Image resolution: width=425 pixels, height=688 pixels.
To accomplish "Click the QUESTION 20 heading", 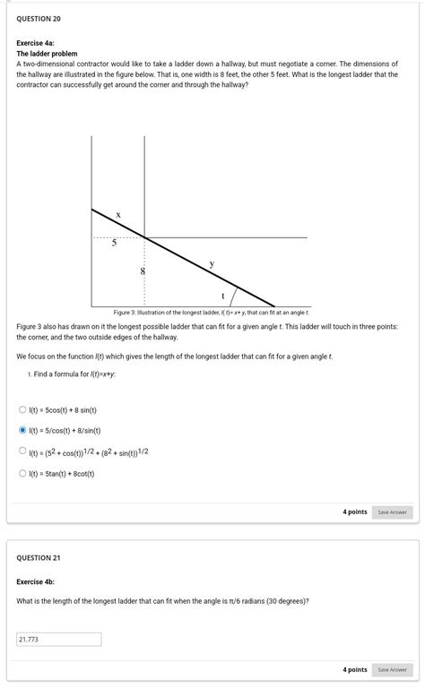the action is coord(39,19).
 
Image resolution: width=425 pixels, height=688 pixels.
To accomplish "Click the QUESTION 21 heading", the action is coord(39,557).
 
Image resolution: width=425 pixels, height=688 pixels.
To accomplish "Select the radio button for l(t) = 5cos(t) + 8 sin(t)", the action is coord(23,410).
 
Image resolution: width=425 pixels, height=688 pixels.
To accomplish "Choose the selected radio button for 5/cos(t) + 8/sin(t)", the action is coord(23,431).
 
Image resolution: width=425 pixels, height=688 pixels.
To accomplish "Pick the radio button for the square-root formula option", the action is coord(23,451).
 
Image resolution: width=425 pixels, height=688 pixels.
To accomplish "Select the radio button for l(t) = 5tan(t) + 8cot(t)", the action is coord(23,473).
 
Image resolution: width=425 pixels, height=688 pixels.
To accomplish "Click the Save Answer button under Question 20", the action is coord(392,512).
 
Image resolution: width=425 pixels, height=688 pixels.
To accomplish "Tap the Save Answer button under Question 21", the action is coord(392,669).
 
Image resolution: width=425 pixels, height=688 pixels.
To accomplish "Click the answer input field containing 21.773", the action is coord(58,640).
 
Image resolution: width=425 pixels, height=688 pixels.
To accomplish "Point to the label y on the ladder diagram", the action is coord(212,263).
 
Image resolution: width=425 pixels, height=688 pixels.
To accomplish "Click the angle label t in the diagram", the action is coord(222,296).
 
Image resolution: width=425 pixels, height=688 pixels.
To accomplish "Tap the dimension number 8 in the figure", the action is coord(141,270).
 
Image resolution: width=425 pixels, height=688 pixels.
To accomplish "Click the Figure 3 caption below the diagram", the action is coord(212,312).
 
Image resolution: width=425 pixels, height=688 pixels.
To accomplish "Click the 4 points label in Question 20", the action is coord(355,512).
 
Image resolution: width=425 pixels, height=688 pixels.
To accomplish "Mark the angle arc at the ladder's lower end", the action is coord(236,294).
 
